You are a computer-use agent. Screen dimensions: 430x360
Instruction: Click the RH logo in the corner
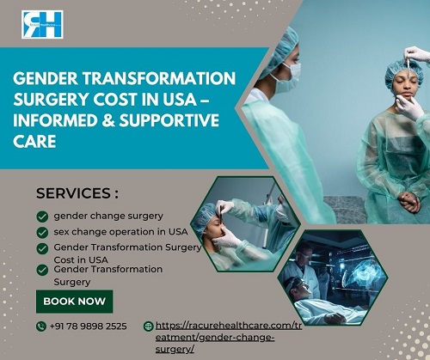click(x=42, y=24)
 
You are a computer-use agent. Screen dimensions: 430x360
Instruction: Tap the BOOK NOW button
click(x=75, y=302)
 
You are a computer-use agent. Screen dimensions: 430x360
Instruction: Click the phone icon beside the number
click(x=41, y=326)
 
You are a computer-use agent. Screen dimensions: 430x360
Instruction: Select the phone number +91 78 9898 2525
click(x=88, y=326)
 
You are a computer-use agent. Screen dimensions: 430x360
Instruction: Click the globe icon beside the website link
click(x=148, y=326)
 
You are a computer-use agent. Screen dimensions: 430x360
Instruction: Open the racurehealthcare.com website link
click(x=229, y=338)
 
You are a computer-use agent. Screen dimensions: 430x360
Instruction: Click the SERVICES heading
click(x=77, y=193)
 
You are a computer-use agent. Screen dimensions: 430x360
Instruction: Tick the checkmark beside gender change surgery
click(x=42, y=217)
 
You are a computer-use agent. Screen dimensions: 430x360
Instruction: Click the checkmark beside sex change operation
click(x=42, y=233)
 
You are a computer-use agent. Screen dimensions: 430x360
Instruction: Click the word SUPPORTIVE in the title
click(x=169, y=120)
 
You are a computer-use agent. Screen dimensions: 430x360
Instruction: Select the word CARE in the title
click(x=34, y=142)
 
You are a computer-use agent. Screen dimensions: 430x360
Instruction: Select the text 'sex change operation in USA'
click(x=120, y=231)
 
